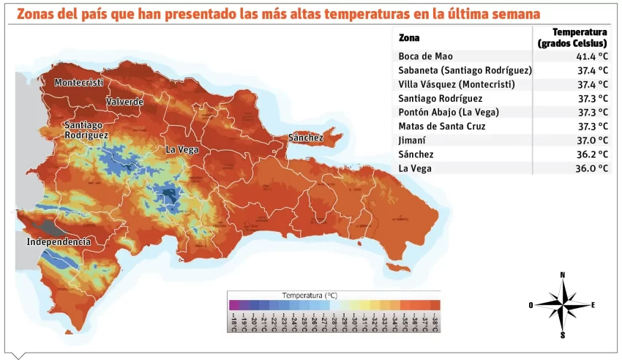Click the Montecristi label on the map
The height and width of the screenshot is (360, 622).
[x=78, y=83]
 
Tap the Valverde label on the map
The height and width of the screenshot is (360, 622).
[x=124, y=102]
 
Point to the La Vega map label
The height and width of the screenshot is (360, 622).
[x=181, y=149]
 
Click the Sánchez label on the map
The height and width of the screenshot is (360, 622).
[x=305, y=138]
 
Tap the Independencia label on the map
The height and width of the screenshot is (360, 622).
[x=59, y=241]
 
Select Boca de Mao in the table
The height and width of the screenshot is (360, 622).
[x=425, y=56]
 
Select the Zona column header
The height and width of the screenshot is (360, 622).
[x=409, y=37]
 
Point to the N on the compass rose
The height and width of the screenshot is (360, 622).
[x=562, y=275]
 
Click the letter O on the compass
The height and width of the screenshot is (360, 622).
[x=531, y=305]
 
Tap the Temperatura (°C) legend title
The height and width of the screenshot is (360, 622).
[x=310, y=295]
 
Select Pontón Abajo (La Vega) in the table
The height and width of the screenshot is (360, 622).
[x=449, y=112]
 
